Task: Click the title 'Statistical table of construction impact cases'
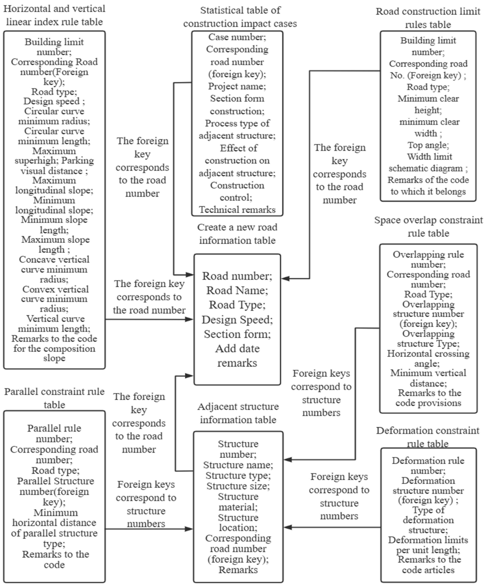240,17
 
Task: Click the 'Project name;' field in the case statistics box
237,86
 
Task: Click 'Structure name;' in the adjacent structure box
238,465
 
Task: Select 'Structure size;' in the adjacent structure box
238,486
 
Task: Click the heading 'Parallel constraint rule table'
54,398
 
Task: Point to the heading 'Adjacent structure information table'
238,413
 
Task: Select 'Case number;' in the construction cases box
237,37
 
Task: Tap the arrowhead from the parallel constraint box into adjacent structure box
190,529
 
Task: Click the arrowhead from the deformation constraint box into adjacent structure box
287,527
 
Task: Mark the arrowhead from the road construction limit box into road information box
285,278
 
